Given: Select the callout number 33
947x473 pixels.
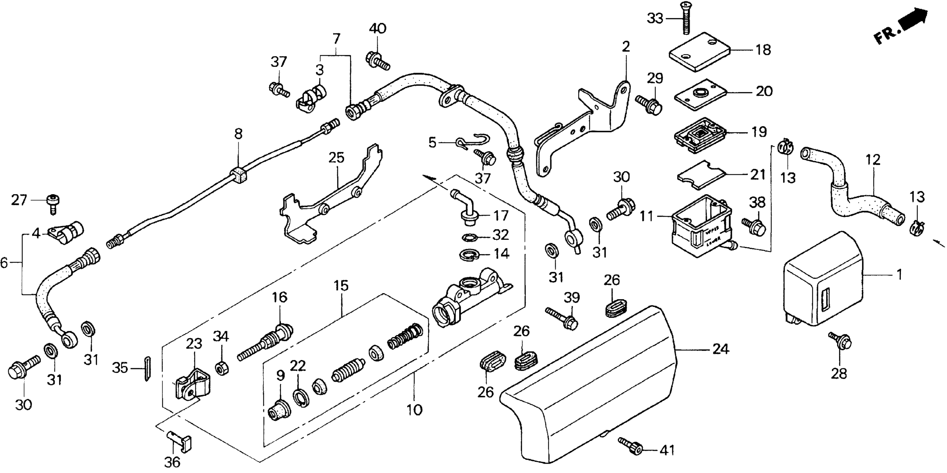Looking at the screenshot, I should pyautogui.click(x=655, y=18).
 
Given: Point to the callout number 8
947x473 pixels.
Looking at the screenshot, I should pyautogui.click(x=239, y=134).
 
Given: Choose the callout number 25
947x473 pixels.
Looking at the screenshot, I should pyautogui.click(x=336, y=157).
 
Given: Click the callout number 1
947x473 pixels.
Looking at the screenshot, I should pyautogui.click(x=899, y=274).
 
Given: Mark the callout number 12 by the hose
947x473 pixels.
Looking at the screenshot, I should pyautogui.click(x=873, y=160).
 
